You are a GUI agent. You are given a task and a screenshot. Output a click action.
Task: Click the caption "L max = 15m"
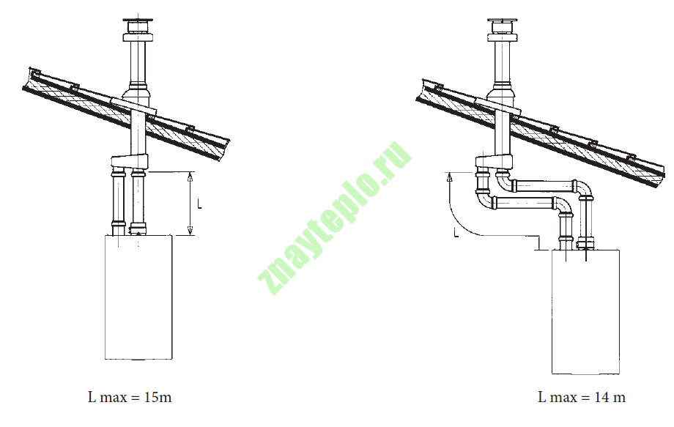130,397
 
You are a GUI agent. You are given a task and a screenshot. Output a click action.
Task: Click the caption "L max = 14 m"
582,397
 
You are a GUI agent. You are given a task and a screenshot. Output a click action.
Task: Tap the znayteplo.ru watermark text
335,218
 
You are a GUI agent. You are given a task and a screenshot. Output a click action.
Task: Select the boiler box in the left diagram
139,297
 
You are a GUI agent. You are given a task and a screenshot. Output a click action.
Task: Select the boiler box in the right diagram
585,312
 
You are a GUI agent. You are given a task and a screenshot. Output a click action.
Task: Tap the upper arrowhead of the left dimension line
190,175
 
